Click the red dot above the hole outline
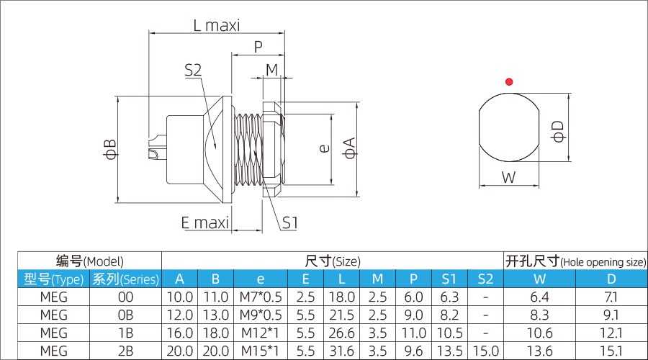(509, 81)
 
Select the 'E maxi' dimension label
(204, 222)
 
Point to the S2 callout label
(192, 70)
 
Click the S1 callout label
(289, 222)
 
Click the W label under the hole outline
(509, 177)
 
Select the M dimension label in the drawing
(271, 70)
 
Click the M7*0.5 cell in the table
(260, 297)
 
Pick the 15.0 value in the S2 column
(485, 351)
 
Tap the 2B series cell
(125, 351)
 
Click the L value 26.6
(341, 333)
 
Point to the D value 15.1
(611, 351)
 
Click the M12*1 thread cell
(260, 333)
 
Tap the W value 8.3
(539, 315)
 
